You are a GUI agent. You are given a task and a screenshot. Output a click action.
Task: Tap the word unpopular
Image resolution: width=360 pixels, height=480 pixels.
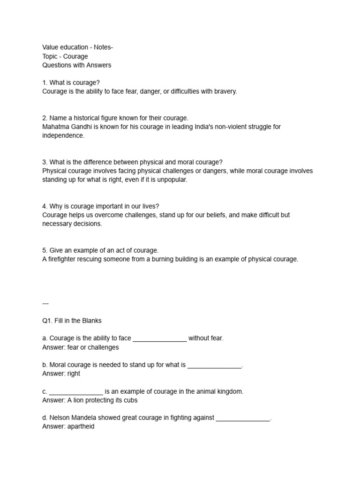click(172, 180)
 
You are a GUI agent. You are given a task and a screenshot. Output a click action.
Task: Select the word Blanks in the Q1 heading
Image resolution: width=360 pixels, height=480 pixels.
click(92, 321)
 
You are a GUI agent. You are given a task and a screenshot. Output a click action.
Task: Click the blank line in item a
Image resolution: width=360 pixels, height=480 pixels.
click(160, 339)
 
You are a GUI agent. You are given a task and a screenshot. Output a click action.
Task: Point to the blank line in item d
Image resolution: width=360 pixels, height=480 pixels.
click(243, 419)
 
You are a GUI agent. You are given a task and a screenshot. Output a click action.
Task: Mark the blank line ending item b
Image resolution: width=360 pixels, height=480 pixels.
click(215, 365)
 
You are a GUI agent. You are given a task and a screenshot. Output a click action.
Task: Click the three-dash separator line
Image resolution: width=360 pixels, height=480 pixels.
click(45, 303)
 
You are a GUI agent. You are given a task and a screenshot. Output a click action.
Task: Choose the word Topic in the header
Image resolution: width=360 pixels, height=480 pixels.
click(50, 56)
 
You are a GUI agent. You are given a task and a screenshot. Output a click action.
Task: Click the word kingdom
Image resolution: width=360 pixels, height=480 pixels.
click(228, 391)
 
